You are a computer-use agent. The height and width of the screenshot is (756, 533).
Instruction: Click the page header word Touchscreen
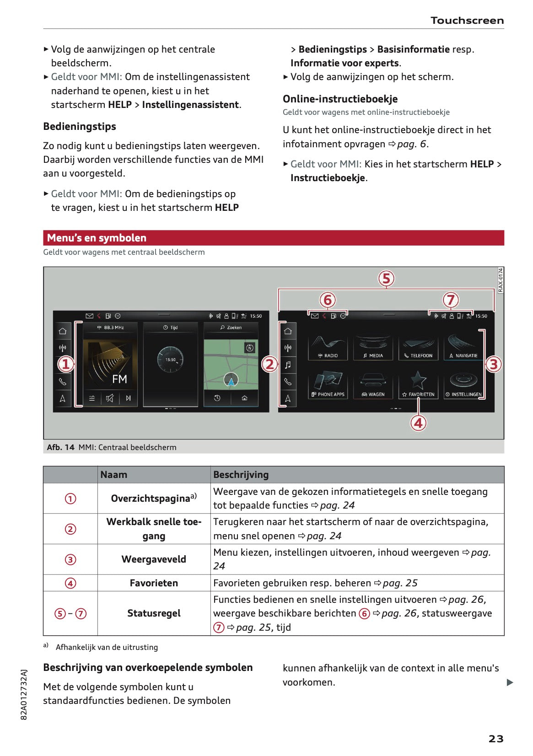pos(467,21)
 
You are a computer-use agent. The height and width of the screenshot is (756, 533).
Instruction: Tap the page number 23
pos(496,738)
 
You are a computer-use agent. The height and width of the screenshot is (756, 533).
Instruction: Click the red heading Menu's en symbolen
pos(97,238)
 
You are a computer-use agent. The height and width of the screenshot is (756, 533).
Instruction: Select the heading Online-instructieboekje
pos(340,99)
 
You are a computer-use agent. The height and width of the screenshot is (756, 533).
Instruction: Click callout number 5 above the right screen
pos(386,278)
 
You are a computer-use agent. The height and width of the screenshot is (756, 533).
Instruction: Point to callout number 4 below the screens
pos(418,423)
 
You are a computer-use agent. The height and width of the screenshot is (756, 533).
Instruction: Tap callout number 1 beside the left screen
pos(65,364)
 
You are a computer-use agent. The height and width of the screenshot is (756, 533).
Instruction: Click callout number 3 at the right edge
pos(493,364)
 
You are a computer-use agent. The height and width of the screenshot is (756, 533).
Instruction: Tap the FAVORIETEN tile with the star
pos(418,385)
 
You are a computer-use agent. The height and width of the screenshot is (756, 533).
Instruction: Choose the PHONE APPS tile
pos(328,385)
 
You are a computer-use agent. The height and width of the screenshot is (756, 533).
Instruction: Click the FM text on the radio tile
pos(119,379)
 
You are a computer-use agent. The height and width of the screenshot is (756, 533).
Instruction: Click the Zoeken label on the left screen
pos(231,327)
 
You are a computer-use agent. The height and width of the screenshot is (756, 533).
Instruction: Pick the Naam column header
pos(114,475)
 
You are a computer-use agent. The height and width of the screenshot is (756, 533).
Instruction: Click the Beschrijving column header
pos(241,475)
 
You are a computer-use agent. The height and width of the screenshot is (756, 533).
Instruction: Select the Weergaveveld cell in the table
pos(154,559)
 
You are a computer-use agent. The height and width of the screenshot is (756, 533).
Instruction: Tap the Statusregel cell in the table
pos(154,613)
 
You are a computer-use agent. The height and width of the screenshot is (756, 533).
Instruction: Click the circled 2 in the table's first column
pos(70,529)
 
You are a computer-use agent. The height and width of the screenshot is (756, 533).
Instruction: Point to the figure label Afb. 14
pos(60,447)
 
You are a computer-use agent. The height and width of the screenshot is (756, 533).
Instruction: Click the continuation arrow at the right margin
pos(510,682)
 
